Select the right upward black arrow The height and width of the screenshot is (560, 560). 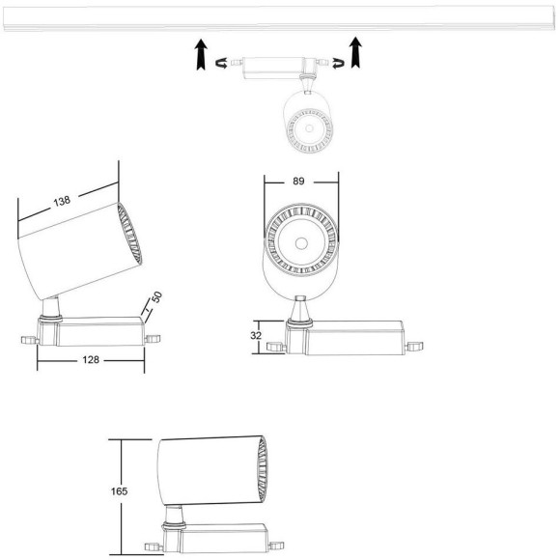(x=357, y=53)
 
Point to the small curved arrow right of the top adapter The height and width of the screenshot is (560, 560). (x=337, y=66)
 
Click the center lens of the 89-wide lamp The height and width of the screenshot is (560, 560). (x=300, y=241)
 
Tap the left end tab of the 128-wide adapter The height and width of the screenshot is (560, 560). (x=28, y=339)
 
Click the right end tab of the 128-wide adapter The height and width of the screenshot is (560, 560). (x=152, y=339)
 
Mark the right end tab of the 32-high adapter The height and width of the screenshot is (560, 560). (x=415, y=345)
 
